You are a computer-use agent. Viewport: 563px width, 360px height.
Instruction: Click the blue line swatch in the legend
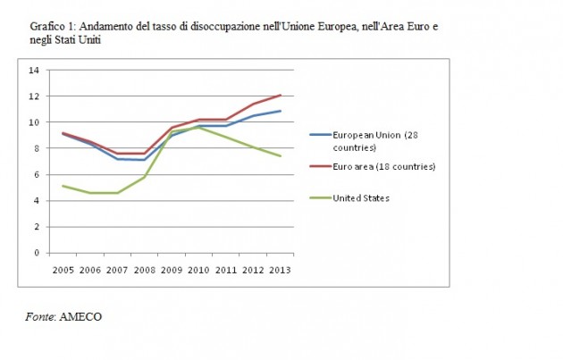pyautogui.click(x=319, y=135)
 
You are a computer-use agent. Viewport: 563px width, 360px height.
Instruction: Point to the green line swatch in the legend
pyautogui.click(x=319, y=198)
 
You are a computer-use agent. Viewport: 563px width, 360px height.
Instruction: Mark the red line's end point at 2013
pyautogui.click(x=281, y=95)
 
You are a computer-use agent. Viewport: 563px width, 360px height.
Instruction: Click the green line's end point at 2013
pyautogui.click(x=281, y=156)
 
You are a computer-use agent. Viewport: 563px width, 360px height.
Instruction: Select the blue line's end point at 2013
pyautogui.click(x=281, y=111)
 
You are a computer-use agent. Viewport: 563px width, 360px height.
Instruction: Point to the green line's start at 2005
pyautogui.click(x=62, y=186)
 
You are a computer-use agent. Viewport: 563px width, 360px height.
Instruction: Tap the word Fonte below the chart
pyautogui.click(x=39, y=316)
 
